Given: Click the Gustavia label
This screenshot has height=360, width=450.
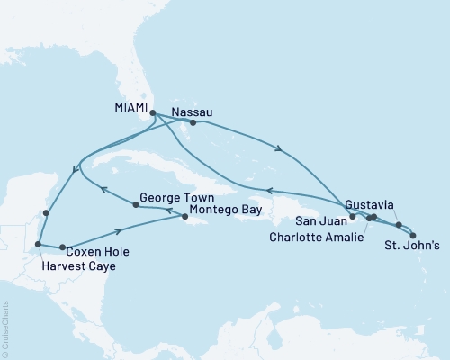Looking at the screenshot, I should tap(369, 205).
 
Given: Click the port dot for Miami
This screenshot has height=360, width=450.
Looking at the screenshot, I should tap(153, 113).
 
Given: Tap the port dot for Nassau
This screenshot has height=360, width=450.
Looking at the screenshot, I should tap(193, 123).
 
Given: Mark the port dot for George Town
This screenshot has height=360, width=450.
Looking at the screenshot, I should tap(136, 205).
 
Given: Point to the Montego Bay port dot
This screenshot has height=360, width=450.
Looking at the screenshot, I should tap(185, 216).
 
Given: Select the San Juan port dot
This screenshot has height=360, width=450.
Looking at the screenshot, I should tap(352, 217).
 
